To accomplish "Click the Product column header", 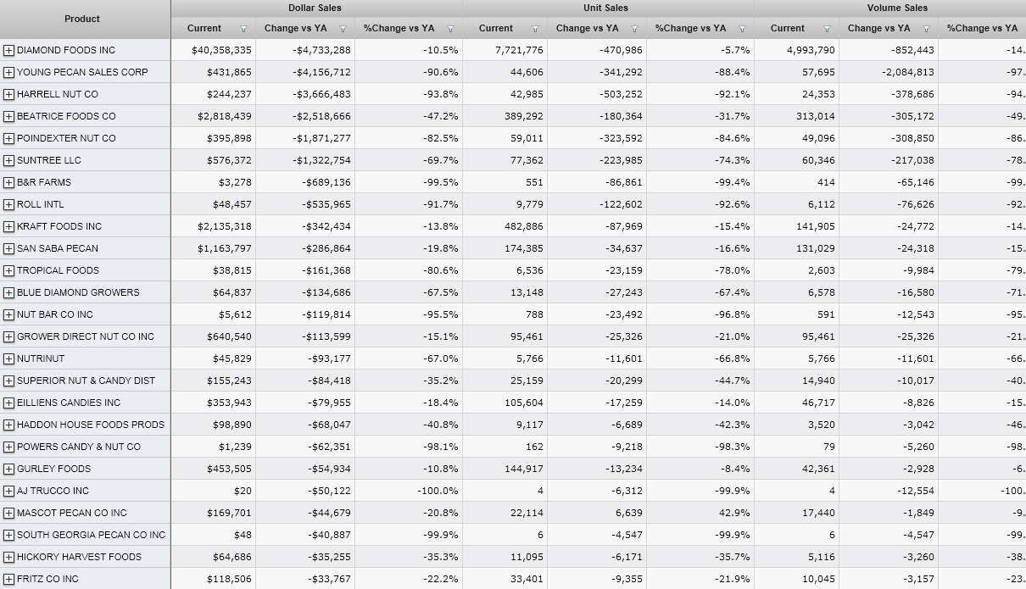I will click(x=82, y=19).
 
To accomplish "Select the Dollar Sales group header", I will click(x=315, y=8).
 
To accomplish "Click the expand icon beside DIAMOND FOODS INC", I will click(x=8, y=50).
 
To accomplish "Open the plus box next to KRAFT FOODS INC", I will click(x=8, y=226).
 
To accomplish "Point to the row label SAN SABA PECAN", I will click(x=57, y=248).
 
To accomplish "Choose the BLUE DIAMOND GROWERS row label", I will click(x=78, y=292).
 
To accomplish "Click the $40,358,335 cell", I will click(x=223, y=50).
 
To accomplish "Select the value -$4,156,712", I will click(x=321, y=72).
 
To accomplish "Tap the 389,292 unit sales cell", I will click(x=521, y=116).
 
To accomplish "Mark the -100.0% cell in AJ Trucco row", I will click(x=438, y=491).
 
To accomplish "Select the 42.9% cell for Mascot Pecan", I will click(x=734, y=513).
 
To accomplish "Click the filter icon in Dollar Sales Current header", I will click(x=244, y=29).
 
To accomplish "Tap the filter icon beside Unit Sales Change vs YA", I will click(x=634, y=29).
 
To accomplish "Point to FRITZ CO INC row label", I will click(x=47, y=579).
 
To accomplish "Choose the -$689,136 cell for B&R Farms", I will click(x=326, y=182).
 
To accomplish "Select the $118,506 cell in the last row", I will click(x=229, y=579).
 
